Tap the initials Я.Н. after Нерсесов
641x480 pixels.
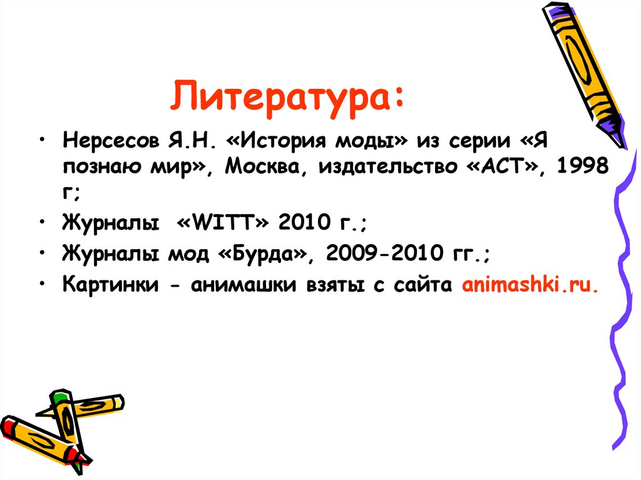tap(191, 140)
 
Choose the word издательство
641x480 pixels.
tap(389, 166)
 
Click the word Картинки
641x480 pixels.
tap(110, 285)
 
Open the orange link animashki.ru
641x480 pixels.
tap(530, 285)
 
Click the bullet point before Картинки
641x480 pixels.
tap(42, 283)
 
